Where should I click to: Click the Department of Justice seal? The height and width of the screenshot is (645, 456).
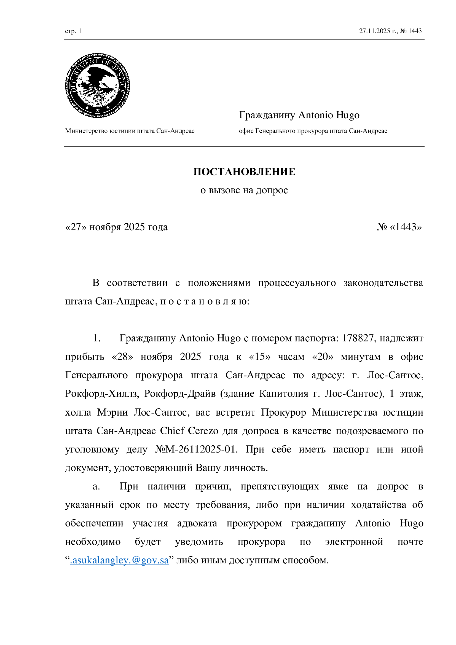pyautogui.click(x=97, y=85)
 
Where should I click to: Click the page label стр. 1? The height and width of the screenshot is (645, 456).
pyautogui.click(x=73, y=31)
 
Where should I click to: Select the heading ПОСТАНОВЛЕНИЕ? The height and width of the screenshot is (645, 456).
pyautogui.click(x=244, y=172)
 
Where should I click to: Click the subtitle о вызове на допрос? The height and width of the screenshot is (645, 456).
pyautogui.click(x=244, y=190)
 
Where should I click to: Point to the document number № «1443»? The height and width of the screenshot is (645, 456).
pyautogui.click(x=399, y=227)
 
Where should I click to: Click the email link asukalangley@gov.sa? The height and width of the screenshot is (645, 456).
pyautogui.click(x=120, y=560)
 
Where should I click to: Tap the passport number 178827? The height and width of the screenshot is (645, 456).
pyautogui.click(x=358, y=338)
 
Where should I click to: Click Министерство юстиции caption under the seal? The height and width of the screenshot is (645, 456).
pyautogui.click(x=130, y=131)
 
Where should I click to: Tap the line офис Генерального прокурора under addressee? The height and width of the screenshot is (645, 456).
pyautogui.click(x=313, y=131)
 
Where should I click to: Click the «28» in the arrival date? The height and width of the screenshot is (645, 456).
pyautogui.click(x=122, y=357)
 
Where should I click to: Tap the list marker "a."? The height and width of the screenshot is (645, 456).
pyautogui.click(x=96, y=486)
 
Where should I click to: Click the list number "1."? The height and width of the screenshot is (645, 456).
pyautogui.click(x=96, y=338)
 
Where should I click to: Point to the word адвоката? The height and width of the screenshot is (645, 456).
pyautogui.click(x=197, y=523)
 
